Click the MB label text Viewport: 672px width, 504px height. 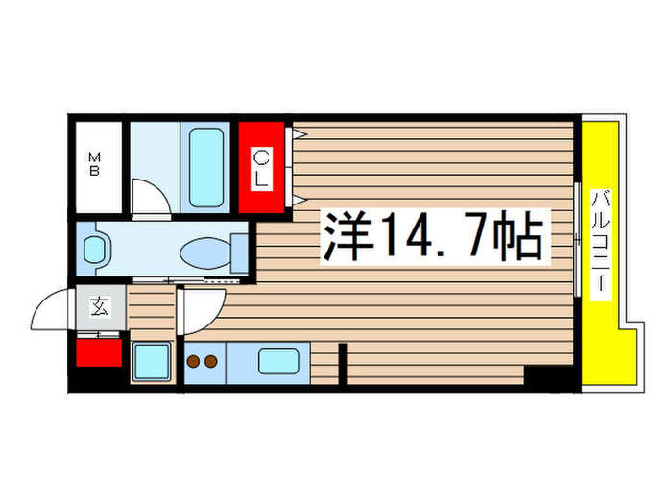96,165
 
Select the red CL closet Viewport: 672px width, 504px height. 262,167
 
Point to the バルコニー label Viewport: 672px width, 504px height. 602,244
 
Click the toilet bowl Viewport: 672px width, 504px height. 205,253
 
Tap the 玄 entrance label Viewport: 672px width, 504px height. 100,307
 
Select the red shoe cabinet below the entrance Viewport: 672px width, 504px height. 99,352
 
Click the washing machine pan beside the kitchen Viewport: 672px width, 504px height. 151,363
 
